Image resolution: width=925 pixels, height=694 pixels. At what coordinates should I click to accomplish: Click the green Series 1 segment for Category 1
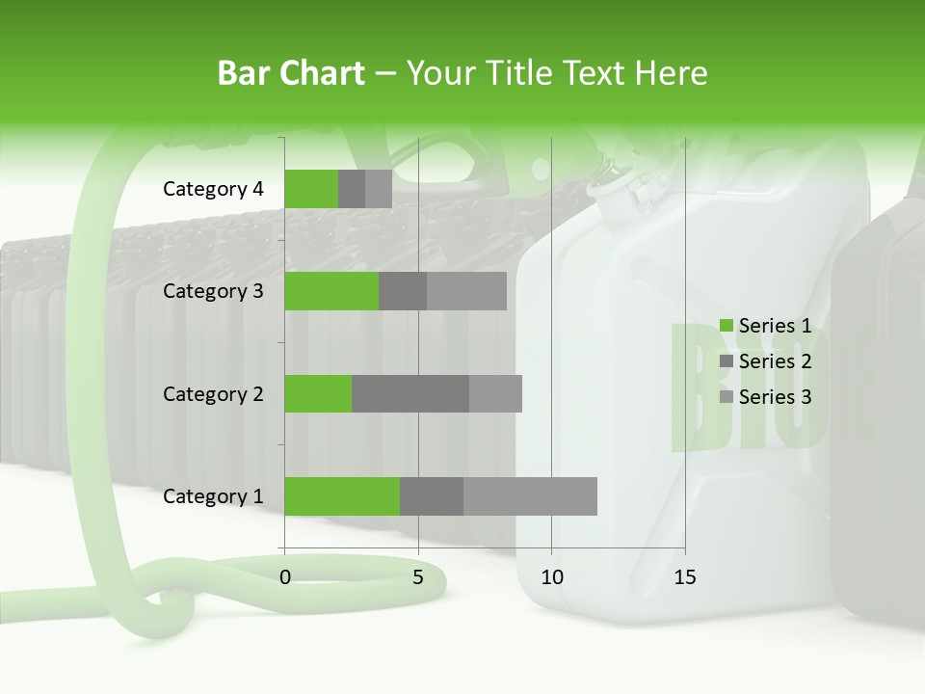[x=342, y=496]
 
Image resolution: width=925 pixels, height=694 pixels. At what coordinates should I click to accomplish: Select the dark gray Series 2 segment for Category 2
[x=410, y=393]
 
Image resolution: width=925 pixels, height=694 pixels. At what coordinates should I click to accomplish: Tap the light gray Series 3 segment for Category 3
[x=466, y=291]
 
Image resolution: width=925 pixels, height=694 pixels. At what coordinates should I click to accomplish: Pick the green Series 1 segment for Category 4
[x=311, y=189]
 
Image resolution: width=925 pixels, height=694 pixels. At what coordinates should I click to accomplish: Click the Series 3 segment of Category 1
[x=530, y=496]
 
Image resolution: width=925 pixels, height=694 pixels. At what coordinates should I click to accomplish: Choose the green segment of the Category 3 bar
[x=331, y=291]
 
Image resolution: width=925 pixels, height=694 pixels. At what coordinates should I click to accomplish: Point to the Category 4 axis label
[x=213, y=189]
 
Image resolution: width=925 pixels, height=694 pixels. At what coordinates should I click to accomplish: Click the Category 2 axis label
[x=213, y=393]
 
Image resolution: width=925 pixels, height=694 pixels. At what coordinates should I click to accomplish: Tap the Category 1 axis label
[x=213, y=496]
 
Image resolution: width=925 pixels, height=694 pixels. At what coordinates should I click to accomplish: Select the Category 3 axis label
[x=213, y=291]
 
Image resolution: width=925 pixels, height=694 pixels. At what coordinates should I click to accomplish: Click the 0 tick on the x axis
[x=285, y=578]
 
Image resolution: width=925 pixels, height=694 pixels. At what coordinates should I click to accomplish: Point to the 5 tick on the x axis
[x=418, y=578]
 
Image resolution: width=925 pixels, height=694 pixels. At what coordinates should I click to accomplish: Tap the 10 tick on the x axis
[x=551, y=578]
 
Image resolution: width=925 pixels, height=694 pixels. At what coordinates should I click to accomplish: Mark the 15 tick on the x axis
[x=684, y=578]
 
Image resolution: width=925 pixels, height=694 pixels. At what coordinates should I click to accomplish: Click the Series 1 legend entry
[x=766, y=326]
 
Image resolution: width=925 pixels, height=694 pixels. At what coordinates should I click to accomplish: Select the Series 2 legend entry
[x=766, y=361]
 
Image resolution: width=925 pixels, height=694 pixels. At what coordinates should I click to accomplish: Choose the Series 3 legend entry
[x=766, y=397]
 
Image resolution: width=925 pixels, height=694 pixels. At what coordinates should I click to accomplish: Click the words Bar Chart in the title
[x=291, y=73]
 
